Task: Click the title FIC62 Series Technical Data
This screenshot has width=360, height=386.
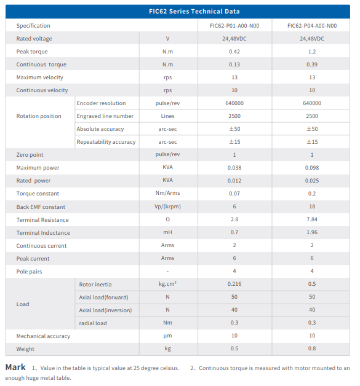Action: (x=194, y=11)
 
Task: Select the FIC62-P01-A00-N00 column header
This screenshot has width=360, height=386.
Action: (x=234, y=26)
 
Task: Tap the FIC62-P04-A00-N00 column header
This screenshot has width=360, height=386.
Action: (x=312, y=26)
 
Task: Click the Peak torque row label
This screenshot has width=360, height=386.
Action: (x=32, y=52)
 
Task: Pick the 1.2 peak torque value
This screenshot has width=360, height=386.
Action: (x=312, y=52)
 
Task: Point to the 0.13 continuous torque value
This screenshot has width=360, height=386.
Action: (x=234, y=65)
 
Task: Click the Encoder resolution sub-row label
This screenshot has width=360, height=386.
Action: (x=101, y=103)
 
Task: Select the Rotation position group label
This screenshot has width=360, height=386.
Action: (x=39, y=116)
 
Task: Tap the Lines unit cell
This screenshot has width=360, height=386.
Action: (x=167, y=116)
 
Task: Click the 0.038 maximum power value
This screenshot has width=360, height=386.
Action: (x=234, y=168)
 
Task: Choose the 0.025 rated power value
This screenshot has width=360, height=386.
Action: (x=312, y=181)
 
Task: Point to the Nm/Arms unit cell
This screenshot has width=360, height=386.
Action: (x=167, y=193)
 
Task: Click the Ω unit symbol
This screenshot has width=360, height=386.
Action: (x=167, y=219)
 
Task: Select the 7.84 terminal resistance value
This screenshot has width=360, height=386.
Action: (x=312, y=219)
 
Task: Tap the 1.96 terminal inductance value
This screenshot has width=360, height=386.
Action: (x=312, y=232)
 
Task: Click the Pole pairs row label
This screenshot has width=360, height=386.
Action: (x=29, y=272)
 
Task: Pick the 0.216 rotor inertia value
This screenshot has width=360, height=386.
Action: (x=234, y=284)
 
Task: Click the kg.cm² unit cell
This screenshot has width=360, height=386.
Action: (x=167, y=283)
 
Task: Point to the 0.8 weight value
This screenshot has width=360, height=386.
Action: (x=312, y=349)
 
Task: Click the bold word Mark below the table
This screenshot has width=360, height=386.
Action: (x=15, y=367)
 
